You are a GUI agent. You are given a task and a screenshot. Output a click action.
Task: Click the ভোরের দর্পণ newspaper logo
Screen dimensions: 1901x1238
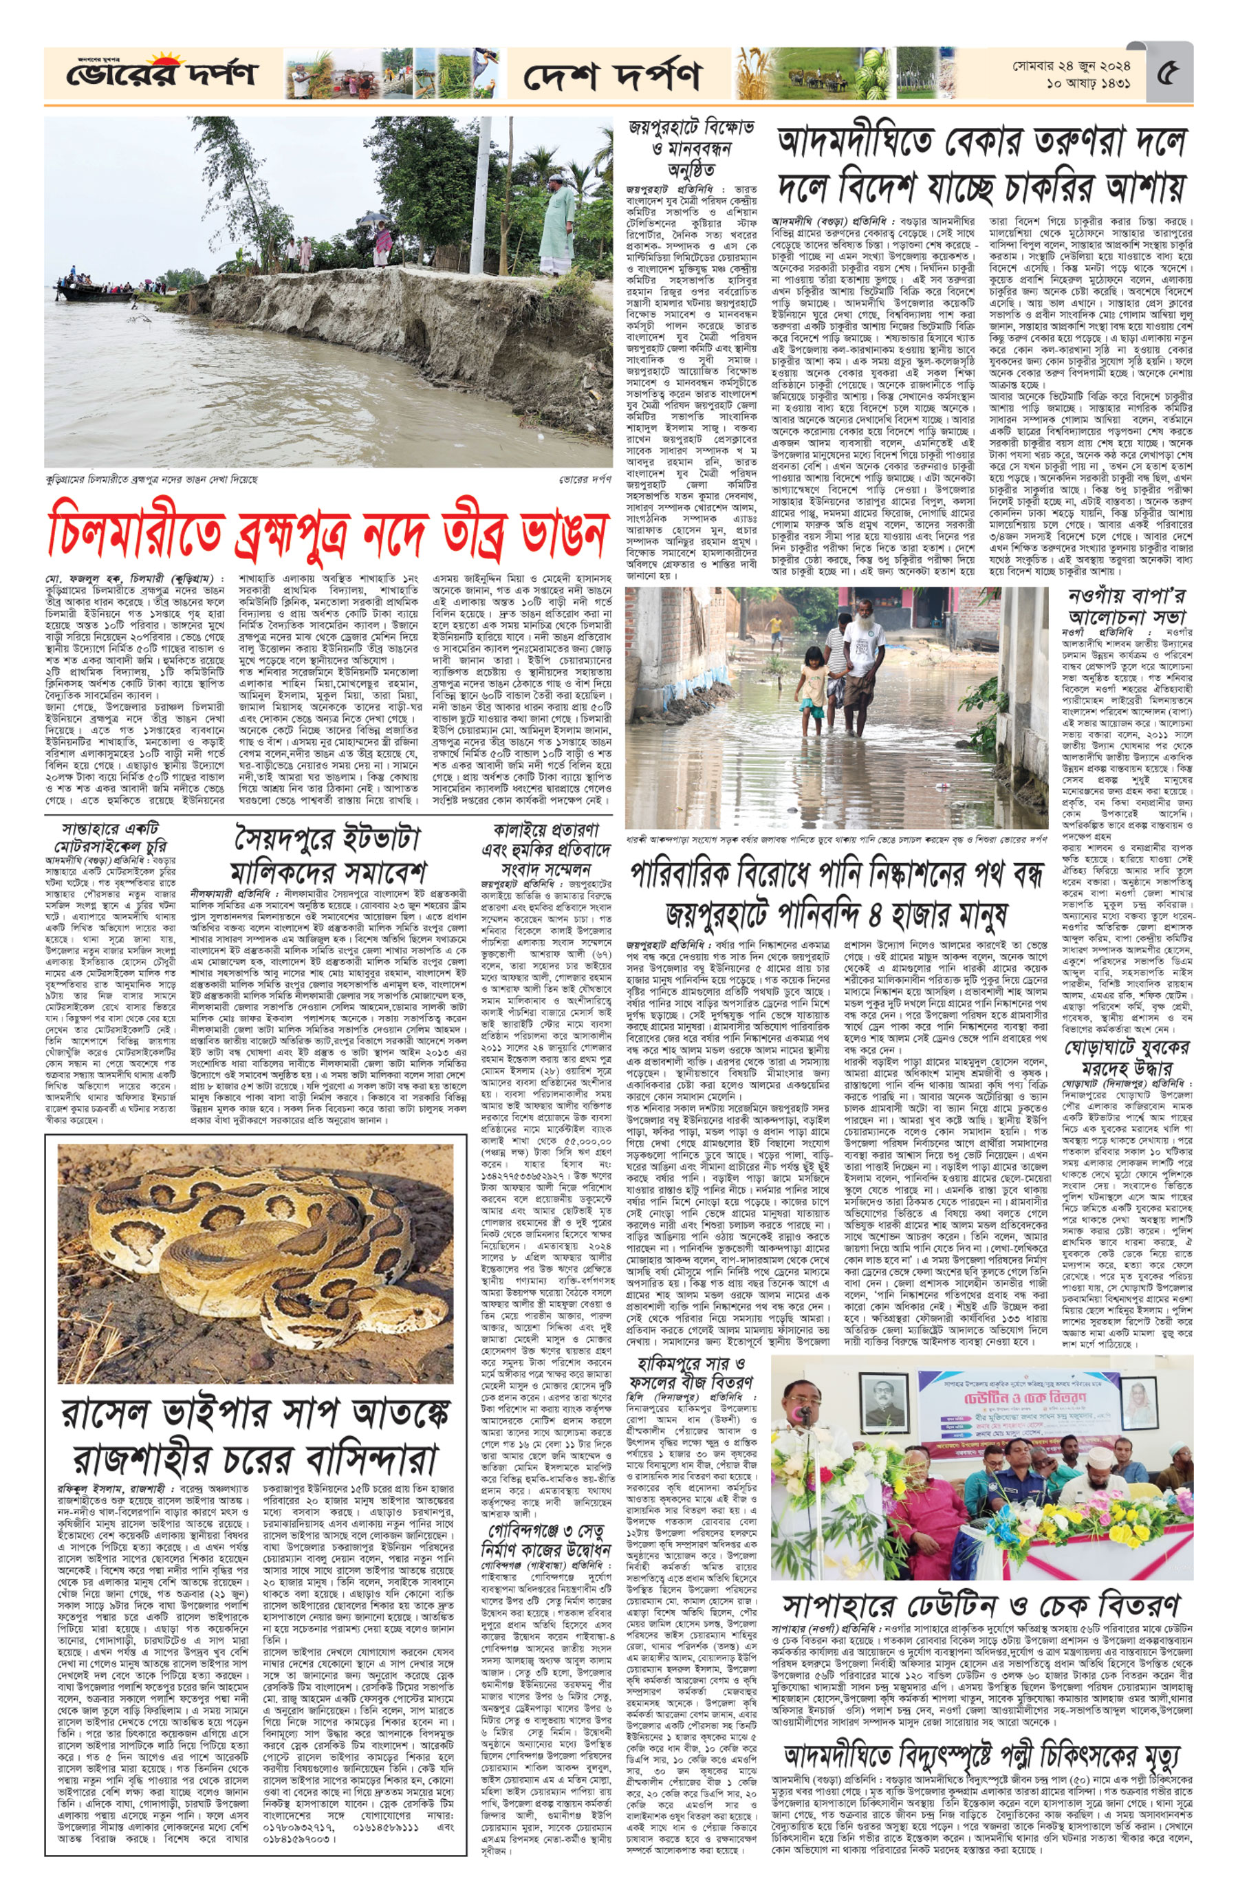click(160, 74)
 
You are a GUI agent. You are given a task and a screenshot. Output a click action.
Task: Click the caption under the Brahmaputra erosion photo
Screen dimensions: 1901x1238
click(152, 480)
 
